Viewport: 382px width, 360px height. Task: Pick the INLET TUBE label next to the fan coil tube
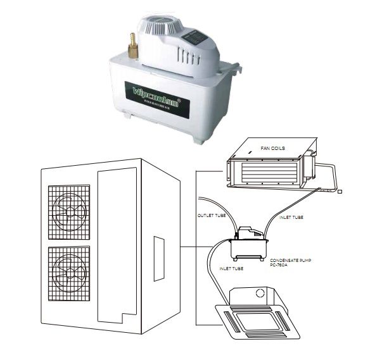click(x=291, y=217)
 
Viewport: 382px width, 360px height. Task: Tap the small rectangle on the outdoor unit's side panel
click(x=159, y=251)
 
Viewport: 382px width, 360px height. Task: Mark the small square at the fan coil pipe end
click(x=340, y=191)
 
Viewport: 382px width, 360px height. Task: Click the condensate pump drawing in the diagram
click(x=248, y=243)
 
